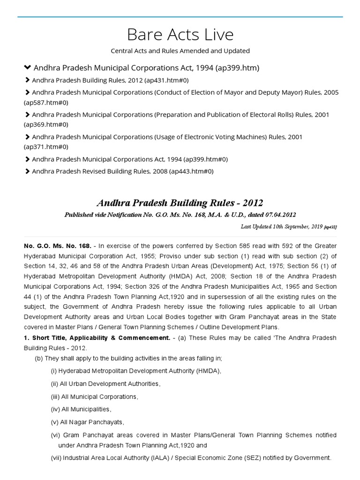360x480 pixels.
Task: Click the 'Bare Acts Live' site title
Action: click(x=180, y=35)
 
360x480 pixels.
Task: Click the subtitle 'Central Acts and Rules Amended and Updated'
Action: click(x=180, y=51)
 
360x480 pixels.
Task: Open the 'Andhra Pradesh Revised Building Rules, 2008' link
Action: click(x=122, y=171)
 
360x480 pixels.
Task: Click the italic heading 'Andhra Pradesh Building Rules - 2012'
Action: click(x=180, y=203)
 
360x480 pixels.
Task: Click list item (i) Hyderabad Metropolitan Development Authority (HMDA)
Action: click(x=136, y=371)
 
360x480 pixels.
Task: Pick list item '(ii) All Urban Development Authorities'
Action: click(x=105, y=384)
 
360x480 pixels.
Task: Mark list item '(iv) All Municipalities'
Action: click(x=81, y=409)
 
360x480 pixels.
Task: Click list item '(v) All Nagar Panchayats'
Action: click(x=87, y=422)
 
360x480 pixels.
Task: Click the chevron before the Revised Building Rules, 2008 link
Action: click(x=27, y=171)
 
